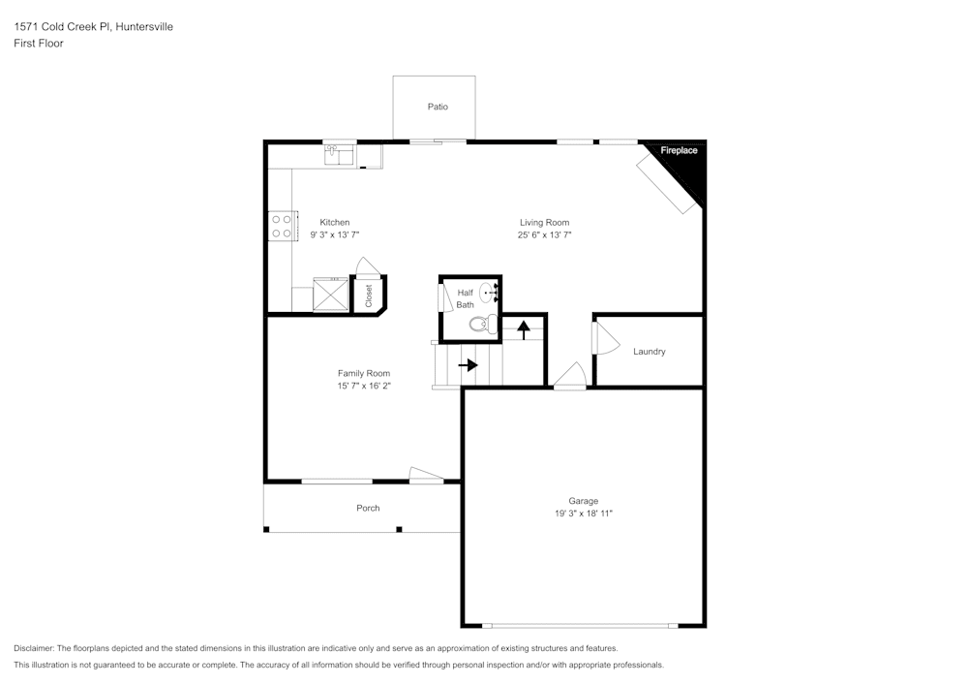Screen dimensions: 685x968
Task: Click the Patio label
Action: (438, 107)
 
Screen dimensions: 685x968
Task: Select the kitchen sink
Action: (340, 153)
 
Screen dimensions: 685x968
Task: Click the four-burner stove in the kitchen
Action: (282, 226)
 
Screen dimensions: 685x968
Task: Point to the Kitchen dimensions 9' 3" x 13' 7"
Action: (335, 234)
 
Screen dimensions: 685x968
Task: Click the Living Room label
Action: (544, 222)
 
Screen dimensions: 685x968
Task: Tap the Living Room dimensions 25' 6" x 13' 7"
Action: (544, 234)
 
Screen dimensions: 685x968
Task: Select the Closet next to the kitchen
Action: (369, 296)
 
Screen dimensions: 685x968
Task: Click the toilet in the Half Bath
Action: (483, 324)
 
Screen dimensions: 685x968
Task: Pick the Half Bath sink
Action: (489, 292)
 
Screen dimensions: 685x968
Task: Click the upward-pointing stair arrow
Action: (524, 328)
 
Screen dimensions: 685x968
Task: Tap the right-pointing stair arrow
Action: (468, 365)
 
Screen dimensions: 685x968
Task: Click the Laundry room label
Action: (649, 352)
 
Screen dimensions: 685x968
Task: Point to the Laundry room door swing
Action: (603, 340)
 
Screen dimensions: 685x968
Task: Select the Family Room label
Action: (364, 373)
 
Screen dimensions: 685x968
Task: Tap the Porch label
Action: (368, 508)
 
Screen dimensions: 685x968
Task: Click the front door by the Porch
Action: (426, 475)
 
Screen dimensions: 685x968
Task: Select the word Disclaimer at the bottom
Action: (34, 648)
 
